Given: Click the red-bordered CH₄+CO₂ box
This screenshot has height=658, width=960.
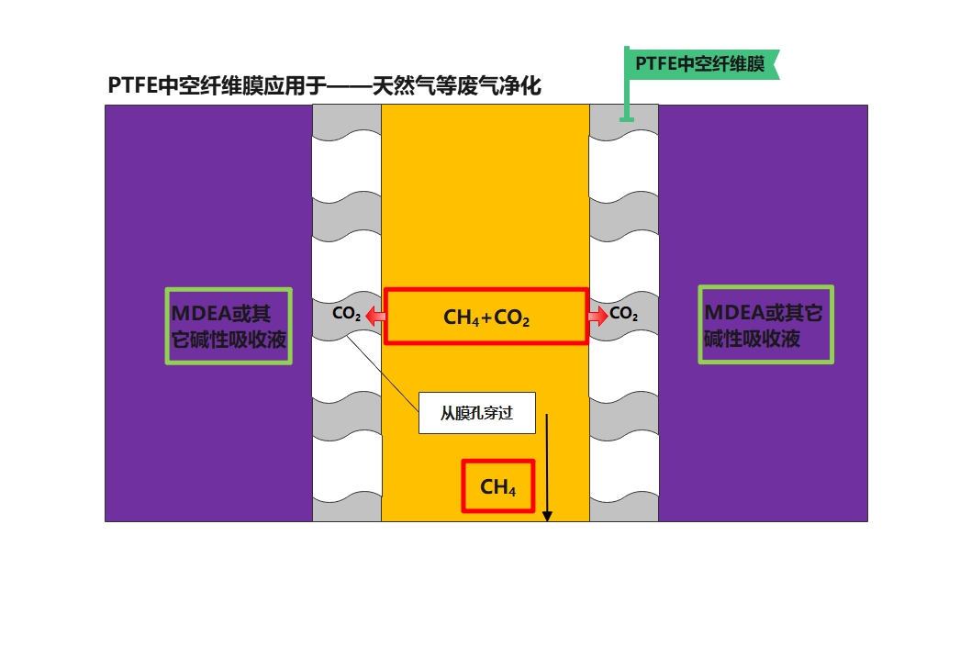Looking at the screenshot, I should click(486, 317).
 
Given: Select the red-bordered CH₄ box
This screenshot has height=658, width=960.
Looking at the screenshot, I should click(497, 486).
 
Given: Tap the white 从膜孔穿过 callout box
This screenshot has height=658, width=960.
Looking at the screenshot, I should click(476, 413).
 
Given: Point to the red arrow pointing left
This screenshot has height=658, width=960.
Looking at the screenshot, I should click(374, 317).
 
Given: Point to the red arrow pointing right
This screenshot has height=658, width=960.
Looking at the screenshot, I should click(597, 317).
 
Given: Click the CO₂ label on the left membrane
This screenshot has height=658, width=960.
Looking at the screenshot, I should click(346, 314).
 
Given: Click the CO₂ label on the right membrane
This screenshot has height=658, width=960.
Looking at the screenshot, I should click(623, 314).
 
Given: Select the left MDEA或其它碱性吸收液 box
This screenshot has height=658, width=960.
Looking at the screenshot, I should click(229, 326).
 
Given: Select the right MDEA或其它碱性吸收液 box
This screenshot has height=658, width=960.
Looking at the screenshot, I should click(765, 324).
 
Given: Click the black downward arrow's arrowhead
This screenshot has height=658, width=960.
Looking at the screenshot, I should click(547, 516).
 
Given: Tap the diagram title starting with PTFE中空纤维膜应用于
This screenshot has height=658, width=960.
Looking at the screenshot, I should click(323, 86).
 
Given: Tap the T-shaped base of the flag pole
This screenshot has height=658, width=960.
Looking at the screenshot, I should click(627, 118).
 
